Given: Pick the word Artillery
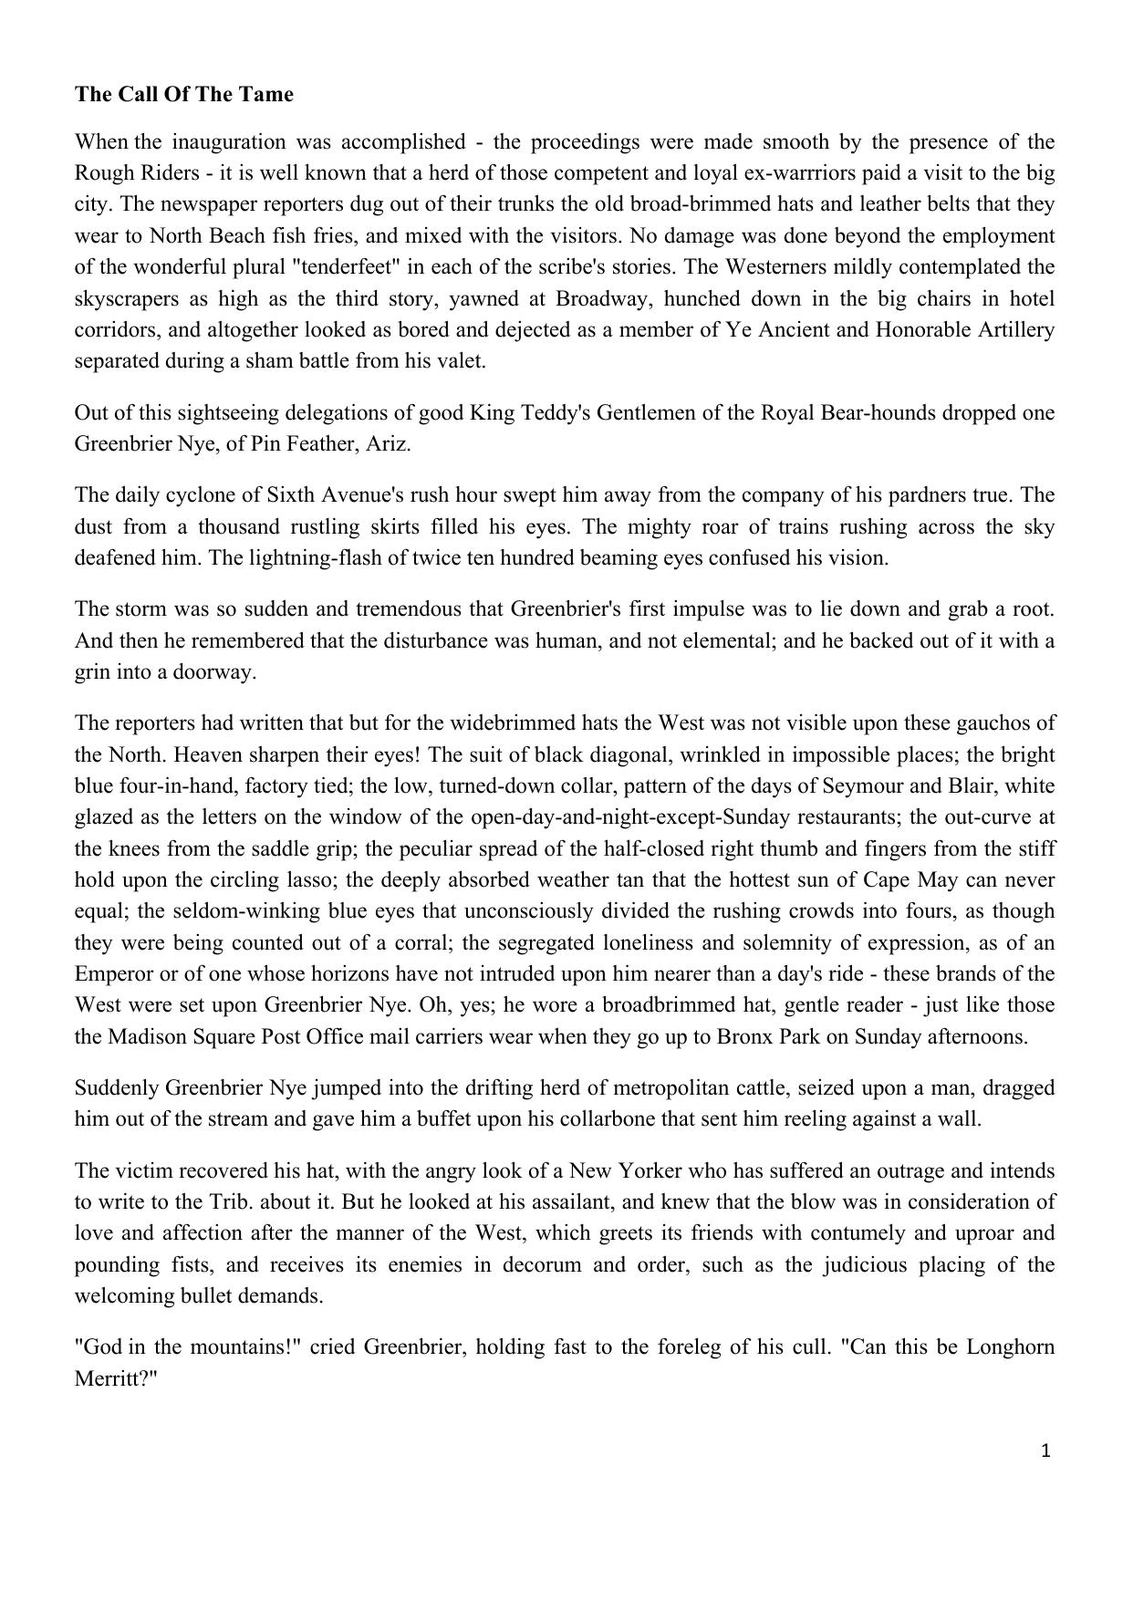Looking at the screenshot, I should pyautogui.click(x=1010, y=329).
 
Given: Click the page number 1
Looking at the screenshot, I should pyautogui.click(x=1045, y=1450).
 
